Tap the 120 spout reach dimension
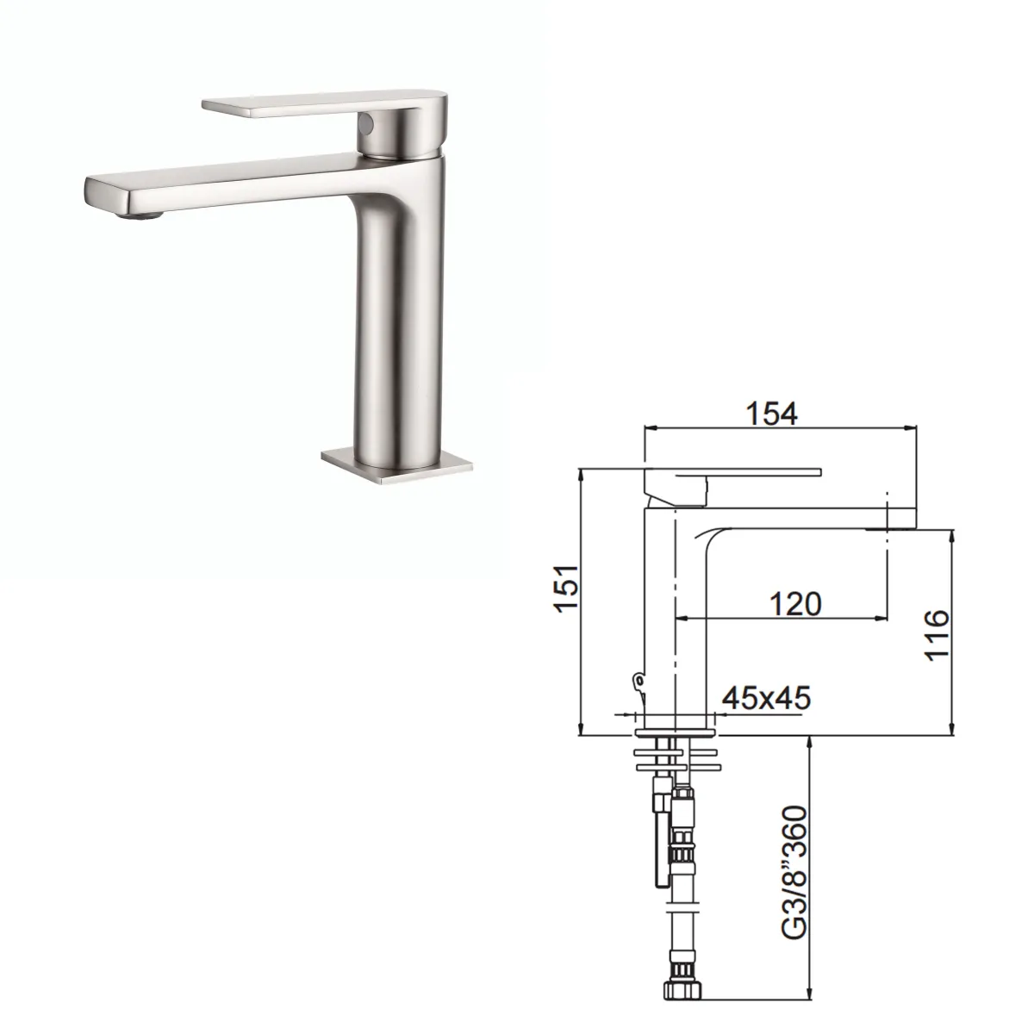792,603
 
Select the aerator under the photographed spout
143,213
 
